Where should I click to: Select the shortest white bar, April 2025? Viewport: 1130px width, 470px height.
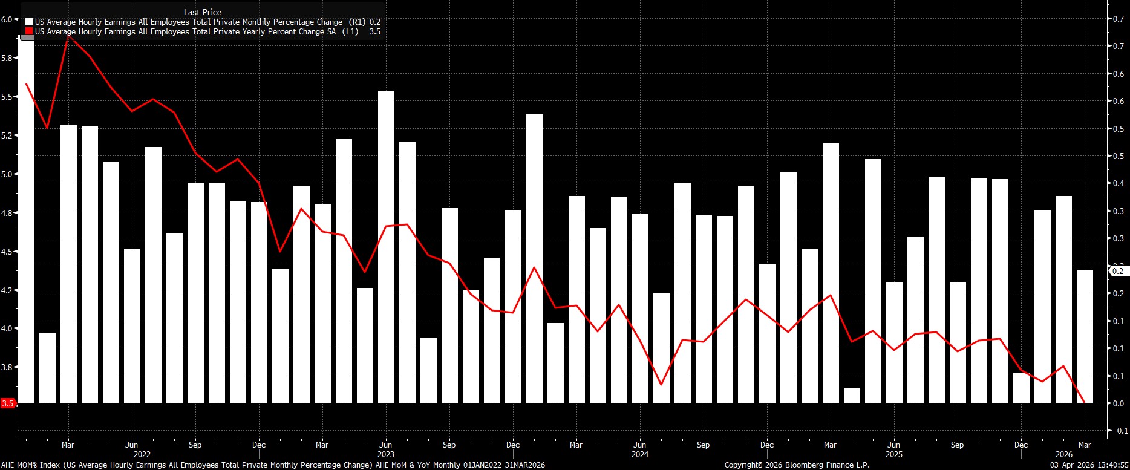tap(852, 396)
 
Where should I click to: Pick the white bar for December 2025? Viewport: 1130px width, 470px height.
tap(1021, 388)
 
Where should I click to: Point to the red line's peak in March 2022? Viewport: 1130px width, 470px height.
tap(68, 36)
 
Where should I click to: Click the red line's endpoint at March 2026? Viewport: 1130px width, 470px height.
tap(1084, 402)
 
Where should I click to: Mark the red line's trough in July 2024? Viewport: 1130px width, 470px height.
tap(661, 385)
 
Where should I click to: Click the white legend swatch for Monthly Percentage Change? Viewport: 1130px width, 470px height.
tap(30, 22)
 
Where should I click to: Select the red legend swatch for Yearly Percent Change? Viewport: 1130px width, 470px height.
tap(30, 31)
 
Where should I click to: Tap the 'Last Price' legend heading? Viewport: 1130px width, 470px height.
tap(203, 12)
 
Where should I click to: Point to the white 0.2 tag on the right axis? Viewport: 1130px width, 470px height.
tap(1118, 271)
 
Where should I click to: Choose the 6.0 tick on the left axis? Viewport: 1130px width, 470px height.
tap(8, 19)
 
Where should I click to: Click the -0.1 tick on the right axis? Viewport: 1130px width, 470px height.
tap(1120, 431)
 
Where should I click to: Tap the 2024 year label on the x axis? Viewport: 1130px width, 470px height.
tap(639, 454)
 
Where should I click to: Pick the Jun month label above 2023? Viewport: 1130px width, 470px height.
tap(386, 445)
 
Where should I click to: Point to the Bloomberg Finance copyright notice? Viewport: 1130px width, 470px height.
tap(797, 465)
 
